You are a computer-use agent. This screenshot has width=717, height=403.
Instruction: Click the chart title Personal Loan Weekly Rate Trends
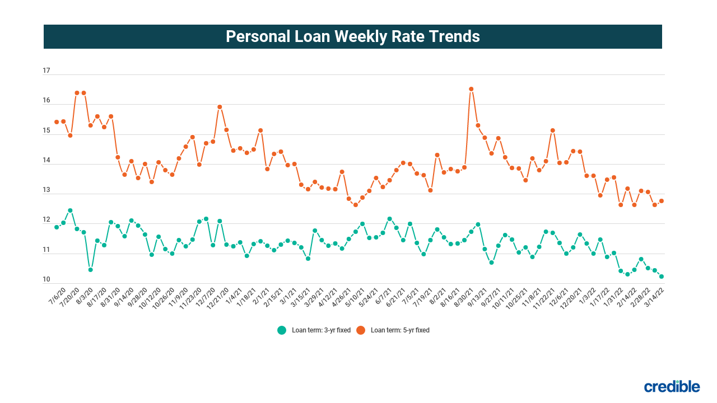point(353,36)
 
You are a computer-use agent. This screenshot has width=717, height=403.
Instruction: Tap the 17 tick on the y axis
point(46,71)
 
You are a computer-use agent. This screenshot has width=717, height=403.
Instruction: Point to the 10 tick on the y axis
point(46,280)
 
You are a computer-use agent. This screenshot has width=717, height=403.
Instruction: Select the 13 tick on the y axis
point(46,190)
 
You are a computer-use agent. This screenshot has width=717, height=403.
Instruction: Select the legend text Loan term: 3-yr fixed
point(321,330)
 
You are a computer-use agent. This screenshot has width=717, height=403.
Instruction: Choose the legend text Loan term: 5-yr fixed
point(400,330)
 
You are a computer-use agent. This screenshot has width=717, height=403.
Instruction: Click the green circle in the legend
point(282,330)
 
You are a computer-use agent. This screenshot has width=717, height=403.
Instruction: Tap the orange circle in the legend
point(361,330)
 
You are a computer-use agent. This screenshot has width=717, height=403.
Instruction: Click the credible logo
point(672,386)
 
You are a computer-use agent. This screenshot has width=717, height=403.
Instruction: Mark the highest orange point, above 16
point(471,89)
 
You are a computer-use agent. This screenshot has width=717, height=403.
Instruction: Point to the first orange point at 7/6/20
point(57,122)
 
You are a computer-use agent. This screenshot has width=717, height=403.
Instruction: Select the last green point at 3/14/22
point(662,277)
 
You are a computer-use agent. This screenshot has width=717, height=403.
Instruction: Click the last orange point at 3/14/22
point(662,201)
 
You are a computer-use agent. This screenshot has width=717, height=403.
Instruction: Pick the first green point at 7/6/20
point(57,227)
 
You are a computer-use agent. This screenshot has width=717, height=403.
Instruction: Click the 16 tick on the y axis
point(46,101)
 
